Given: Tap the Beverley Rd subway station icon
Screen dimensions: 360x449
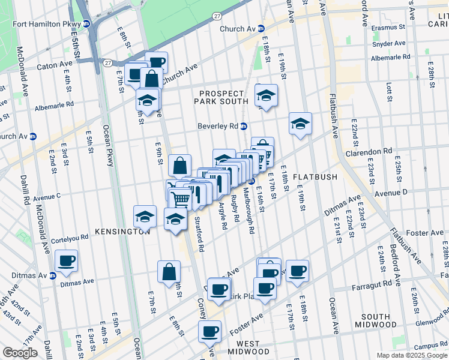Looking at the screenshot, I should (244, 126).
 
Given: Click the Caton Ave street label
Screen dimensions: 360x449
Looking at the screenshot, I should (54, 65).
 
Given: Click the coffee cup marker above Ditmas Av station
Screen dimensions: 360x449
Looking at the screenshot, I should (67, 260).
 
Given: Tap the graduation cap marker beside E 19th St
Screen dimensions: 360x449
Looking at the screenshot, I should (300, 124).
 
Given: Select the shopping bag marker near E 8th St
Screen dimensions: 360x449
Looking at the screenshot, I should (169, 271).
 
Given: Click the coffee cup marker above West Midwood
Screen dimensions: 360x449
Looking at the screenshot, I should (210, 331).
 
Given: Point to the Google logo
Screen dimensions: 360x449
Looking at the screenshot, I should (20, 353).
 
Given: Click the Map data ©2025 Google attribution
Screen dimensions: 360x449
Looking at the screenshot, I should (412, 355).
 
